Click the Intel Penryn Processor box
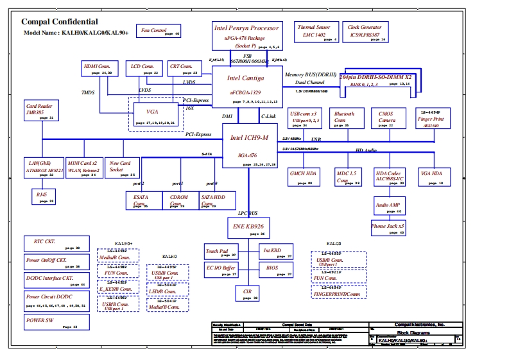[x=247, y=36]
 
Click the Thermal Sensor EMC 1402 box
[x=314, y=32]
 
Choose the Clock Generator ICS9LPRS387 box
[x=365, y=32]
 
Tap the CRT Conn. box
[x=182, y=69]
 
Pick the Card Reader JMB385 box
[x=40, y=110]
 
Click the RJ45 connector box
[x=43, y=196]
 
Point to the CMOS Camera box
[x=387, y=119]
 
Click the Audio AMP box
[x=388, y=207]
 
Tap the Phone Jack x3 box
[x=388, y=228]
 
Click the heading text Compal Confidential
[x=60, y=21]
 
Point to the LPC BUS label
[x=248, y=212]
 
